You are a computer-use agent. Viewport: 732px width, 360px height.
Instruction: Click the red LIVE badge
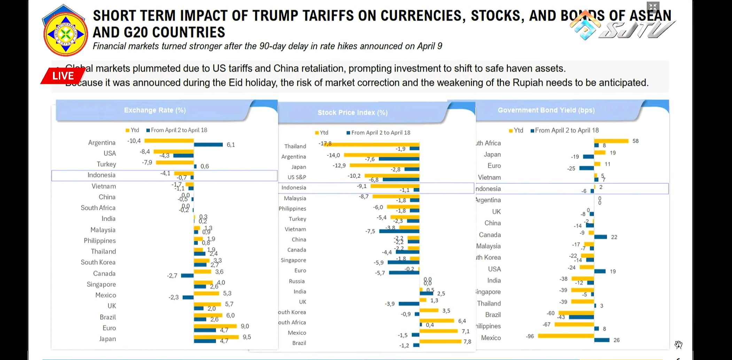(63, 76)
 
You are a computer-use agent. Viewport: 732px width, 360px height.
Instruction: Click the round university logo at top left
(65, 34)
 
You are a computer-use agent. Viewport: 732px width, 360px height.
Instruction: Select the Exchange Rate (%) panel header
(155, 110)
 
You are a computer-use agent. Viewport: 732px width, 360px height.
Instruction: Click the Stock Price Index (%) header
(352, 112)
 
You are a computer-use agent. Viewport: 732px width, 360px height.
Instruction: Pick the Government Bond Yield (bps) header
(546, 110)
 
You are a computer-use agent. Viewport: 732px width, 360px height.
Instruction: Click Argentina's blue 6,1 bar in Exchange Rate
(208, 144)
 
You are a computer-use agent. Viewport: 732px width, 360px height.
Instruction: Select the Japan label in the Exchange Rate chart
(107, 339)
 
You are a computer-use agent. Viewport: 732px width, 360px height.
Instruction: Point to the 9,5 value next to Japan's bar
(247, 337)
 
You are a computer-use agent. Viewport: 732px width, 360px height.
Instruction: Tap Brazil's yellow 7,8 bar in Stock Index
(441, 341)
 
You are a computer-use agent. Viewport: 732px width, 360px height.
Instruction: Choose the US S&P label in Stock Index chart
(297, 177)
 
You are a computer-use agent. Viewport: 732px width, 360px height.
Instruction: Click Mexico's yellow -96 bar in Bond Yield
(566, 336)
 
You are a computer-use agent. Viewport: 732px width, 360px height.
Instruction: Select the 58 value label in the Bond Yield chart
(636, 141)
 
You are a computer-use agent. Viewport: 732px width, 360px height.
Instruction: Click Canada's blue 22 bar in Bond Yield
(601, 237)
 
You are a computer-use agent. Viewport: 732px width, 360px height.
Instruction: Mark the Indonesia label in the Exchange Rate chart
(101, 175)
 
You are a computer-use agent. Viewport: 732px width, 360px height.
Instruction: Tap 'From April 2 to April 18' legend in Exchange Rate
(179, 130)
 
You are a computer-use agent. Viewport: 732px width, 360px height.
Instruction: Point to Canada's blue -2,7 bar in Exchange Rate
(187, 275)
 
